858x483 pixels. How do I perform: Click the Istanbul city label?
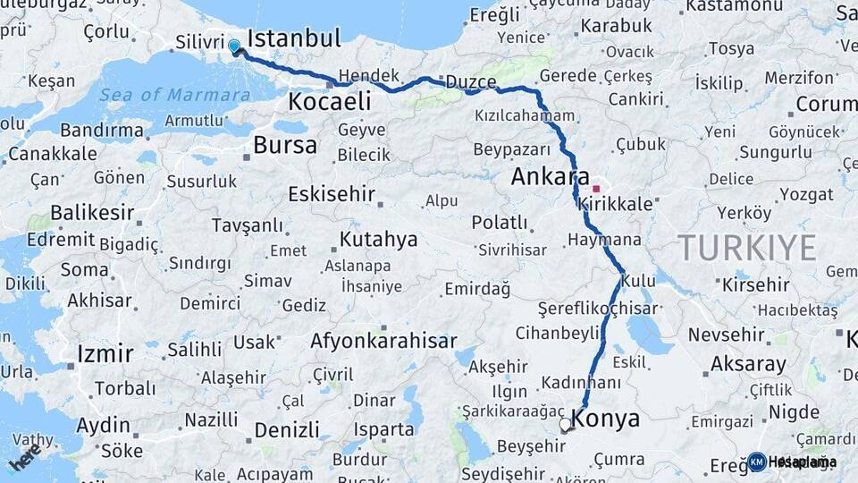pos(294,38)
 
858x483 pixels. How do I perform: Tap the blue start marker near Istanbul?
pos(234,46)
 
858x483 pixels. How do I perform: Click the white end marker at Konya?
pos(565,425)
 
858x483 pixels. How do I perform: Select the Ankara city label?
pos(550,176)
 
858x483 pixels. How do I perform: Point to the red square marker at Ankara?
pos(596,190)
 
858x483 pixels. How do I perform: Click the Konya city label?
pos(606,419)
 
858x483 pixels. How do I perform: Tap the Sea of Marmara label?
pos(174,95)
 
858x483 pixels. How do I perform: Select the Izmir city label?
pos(105,353)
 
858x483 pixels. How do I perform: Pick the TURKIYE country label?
pos(746,247)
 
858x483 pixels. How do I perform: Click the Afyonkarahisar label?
pos(383,341)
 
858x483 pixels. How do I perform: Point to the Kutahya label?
pos(378,240)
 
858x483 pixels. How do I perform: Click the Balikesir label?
pos(92,214)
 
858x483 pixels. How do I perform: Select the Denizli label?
pos(287,429)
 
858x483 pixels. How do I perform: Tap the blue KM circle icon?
pos(757,462)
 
